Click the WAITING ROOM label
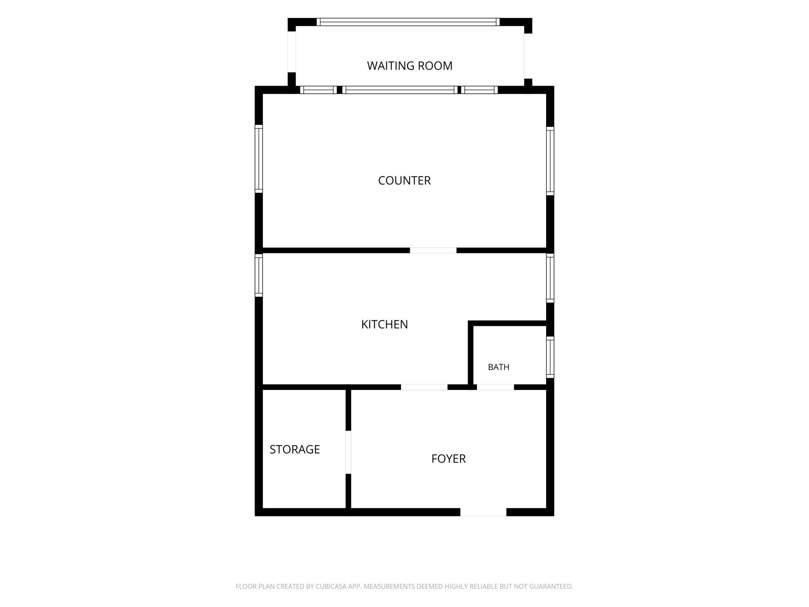[x=410, y=66]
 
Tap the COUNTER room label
[x=404, y=181]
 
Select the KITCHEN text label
[x=384, y=325]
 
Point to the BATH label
[x=498, y=367]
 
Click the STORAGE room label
[x=294, y=449]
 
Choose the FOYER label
[x=448, y=459]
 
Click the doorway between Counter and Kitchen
[x=433, y=250]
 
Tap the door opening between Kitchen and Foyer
[x=424, y=387]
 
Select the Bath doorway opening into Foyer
[x=495, y=387]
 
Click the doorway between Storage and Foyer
[x=348, y=452]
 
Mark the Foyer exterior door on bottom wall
[x=483, y=512]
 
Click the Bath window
[x=550, y=357]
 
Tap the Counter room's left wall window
[x=259, y=159]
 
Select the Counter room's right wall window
[x=550, y=161]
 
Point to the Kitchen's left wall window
[x=259, y=275]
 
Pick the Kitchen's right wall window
[x=550, y=278]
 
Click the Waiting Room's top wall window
[x=408, y=22]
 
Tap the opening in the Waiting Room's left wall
[x=292, y=52]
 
